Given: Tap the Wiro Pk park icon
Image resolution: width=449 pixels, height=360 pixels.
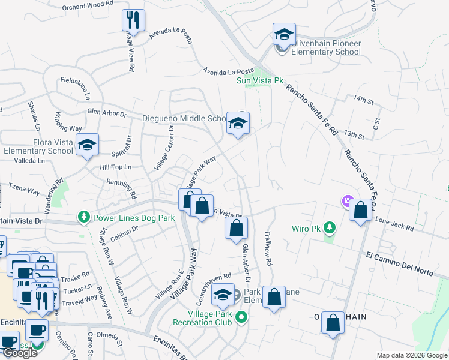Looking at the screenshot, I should click(329, 227).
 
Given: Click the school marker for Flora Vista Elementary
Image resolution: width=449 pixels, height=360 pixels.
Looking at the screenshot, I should click(88, 145).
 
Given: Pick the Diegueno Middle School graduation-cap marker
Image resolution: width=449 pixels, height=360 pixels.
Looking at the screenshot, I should click(238, 124).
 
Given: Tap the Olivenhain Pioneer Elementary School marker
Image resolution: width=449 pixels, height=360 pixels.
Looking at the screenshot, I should click(284, 35).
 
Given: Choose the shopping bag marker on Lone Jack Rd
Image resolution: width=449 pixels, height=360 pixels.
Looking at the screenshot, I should click(360, 211).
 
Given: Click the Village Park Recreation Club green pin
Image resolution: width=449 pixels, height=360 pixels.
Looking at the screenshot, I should click(242, 316).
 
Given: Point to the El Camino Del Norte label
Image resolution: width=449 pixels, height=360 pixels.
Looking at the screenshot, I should click(399, 263).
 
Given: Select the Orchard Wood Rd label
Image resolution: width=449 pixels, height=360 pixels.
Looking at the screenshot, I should click(88, 6).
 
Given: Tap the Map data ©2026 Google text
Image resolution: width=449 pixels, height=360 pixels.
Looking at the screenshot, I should click(412, 355).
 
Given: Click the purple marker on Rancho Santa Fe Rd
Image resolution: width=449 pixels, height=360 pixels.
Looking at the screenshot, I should click(347, 200).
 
